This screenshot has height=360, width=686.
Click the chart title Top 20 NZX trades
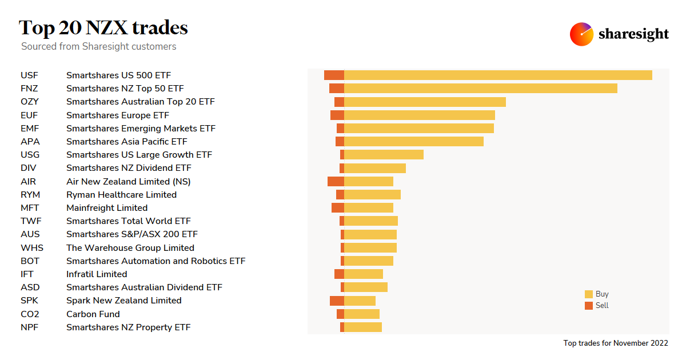point(103,27)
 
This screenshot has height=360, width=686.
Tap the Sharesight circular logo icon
point(581,34)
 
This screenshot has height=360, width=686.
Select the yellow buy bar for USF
point(497,75)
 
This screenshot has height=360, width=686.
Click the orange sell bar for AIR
point(336,181)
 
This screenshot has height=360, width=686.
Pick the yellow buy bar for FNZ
point(480,89)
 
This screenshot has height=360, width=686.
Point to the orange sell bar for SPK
point(337,301)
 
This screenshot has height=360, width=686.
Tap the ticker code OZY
point(30,102)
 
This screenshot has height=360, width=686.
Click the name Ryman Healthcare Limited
point(121,195)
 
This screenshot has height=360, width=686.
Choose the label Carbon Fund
point(93,314)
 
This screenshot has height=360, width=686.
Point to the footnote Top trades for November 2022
point(616,343)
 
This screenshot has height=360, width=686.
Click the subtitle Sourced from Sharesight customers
point(98,47)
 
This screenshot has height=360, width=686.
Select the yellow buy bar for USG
point(384,155)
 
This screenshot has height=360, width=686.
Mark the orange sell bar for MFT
point(337,208)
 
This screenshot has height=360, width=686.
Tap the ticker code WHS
point(32,248)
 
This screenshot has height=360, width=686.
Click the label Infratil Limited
point(97,274)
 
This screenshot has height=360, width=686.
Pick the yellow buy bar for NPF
point(362,327)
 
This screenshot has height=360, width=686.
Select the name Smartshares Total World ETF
point(129,221)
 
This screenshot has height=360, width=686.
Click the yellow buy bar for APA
point(413,142)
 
